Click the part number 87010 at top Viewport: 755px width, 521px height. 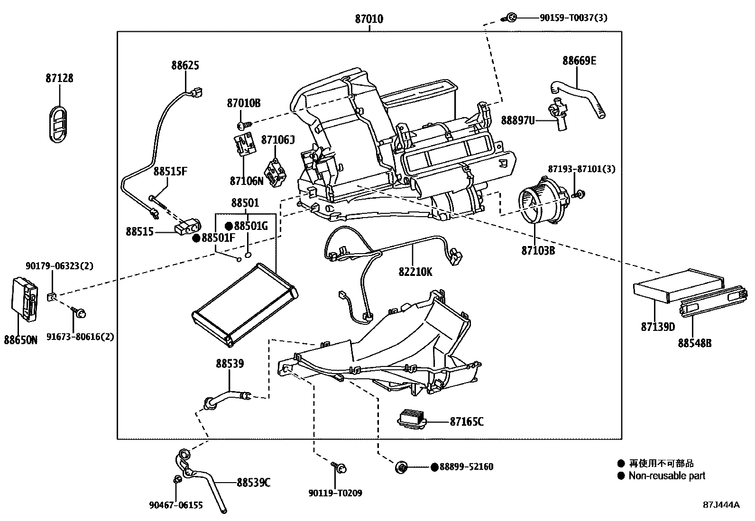[x=369, y=19]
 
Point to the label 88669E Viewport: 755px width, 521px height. [x=580, y=61]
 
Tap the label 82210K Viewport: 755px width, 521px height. [x=415, y=272]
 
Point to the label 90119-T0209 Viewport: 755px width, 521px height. [x=335, y=493]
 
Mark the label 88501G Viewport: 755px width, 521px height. [x=250, y=226]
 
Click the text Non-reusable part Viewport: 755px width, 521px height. [x=667, y=475]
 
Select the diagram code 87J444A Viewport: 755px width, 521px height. [x=721, y=504]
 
